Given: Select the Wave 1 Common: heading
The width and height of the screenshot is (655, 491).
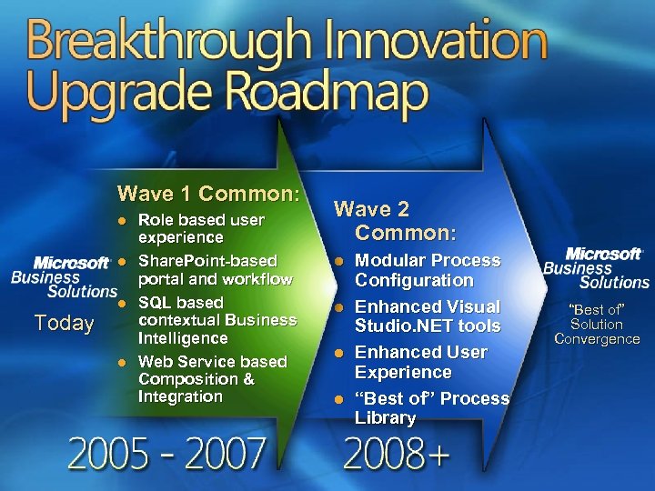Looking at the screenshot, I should click(208, 194).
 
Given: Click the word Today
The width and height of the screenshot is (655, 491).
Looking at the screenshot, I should click(64, 323).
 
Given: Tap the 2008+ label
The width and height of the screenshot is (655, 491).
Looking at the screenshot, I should click(397, 453).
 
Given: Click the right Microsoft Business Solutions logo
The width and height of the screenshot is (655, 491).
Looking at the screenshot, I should click(597, 268).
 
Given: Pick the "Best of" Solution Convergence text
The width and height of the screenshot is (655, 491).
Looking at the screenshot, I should click(597, 325).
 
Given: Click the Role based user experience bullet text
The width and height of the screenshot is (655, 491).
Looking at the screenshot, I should click(200, 228).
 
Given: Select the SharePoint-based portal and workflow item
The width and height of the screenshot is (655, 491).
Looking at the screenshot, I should click(215, 270).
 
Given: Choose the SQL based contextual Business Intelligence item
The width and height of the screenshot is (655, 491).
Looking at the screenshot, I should click(217, 320).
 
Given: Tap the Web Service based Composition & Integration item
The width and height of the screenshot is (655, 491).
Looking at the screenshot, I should click(211, 379).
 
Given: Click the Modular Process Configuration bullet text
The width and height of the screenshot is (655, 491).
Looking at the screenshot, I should click(427, 271).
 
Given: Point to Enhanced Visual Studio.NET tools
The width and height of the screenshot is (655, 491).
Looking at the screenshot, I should click(427, 316).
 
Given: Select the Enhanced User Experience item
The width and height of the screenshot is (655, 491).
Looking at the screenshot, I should click(420, 362).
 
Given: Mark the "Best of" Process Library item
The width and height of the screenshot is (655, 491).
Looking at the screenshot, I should click(431, 408).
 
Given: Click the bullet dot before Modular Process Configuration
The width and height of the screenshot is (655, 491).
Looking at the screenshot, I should click(338, 262).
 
